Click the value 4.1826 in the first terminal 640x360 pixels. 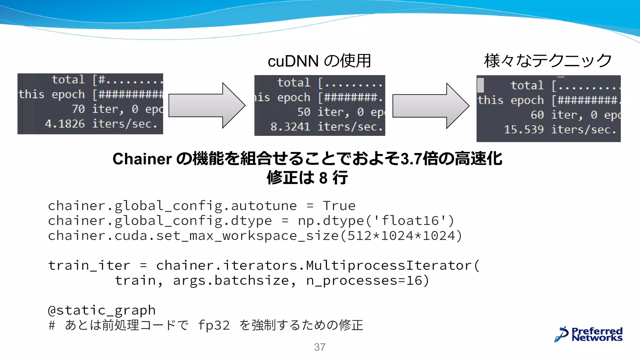click(65, 124)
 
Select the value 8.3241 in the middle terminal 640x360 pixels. click(290, 127)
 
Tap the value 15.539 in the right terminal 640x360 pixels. click(524, 130)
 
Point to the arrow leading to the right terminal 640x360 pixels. click(431, 106)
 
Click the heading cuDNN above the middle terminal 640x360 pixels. click(293, 61)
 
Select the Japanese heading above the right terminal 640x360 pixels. click(548, 61)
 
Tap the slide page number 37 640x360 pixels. click(320, 347)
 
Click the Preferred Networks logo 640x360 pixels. click(588, 334)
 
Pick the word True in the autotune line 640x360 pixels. click(339, 206)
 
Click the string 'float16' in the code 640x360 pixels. click(410, 221)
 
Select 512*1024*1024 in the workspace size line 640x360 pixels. click(401, 236)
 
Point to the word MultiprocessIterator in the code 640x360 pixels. click(389, 266)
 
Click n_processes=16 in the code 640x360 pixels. click(364, 281)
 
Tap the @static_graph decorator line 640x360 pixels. click(102, 310)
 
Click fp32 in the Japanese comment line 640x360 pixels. click(214, 325)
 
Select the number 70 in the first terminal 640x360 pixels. click(78, 109)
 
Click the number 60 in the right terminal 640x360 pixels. click(537, 115)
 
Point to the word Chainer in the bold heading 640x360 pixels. click(142, 159)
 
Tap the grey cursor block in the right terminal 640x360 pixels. click(481, 85)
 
